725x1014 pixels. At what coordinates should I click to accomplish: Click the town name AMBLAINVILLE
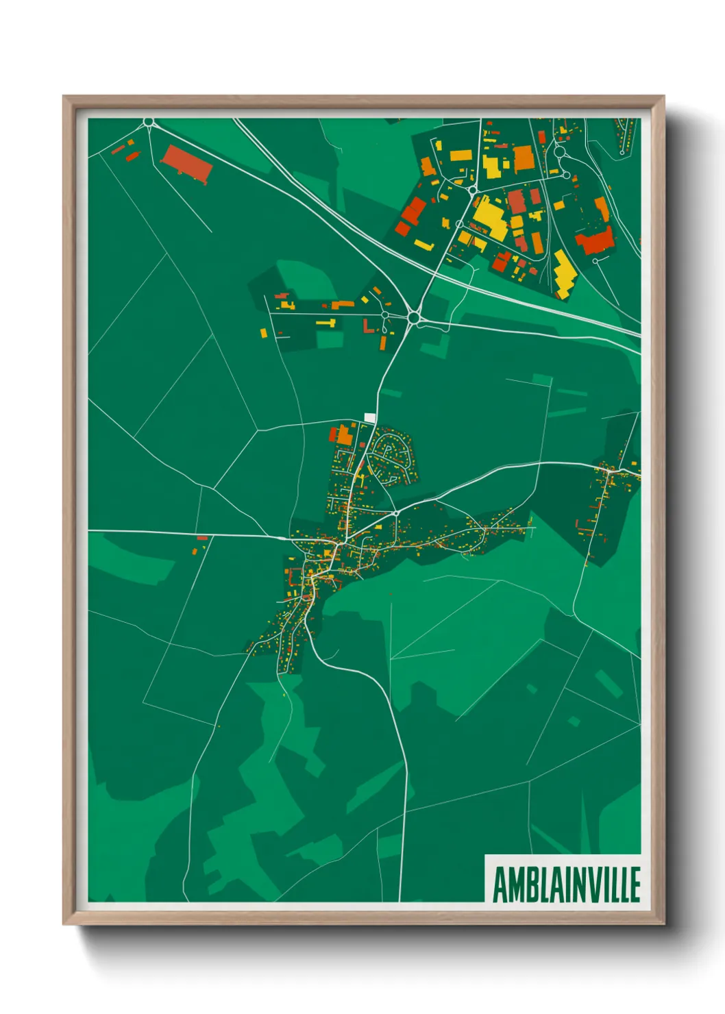click(566, 885)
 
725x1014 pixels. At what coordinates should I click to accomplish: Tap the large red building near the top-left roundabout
click(186, 163)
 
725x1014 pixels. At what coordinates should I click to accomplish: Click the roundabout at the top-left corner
click(149, 123)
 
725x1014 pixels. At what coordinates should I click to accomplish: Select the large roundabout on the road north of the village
click(413, 317)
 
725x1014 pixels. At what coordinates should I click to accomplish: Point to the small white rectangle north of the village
click(370, 417)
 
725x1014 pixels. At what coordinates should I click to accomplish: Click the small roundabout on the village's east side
click(395, 512)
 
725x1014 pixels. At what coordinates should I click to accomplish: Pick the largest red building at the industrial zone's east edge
click(594, 240)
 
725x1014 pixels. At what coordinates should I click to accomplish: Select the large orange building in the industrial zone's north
click(524, 158)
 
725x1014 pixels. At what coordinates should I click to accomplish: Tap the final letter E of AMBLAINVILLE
click(635, 885)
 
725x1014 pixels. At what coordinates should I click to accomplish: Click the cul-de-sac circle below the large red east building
click(595, 261)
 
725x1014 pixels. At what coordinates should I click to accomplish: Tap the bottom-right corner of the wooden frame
click(663, 924)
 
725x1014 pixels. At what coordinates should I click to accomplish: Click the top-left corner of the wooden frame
click(64, 97)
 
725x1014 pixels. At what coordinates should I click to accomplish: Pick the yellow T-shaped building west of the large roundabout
click(327, 321)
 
